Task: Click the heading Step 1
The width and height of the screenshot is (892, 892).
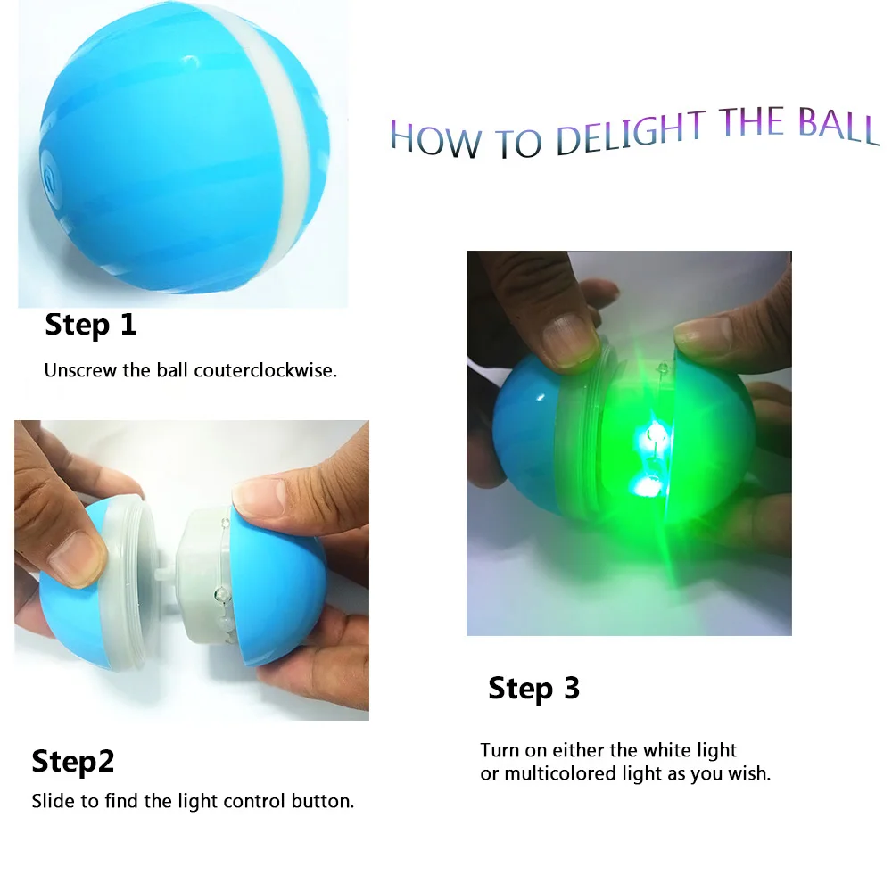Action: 90,325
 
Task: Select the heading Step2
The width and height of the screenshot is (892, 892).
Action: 72,762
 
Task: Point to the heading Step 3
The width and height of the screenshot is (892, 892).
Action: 533,689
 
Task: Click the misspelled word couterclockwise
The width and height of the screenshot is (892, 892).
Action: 265,370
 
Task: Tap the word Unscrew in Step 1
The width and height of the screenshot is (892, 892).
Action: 80,370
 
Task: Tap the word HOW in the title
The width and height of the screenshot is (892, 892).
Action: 434,140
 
